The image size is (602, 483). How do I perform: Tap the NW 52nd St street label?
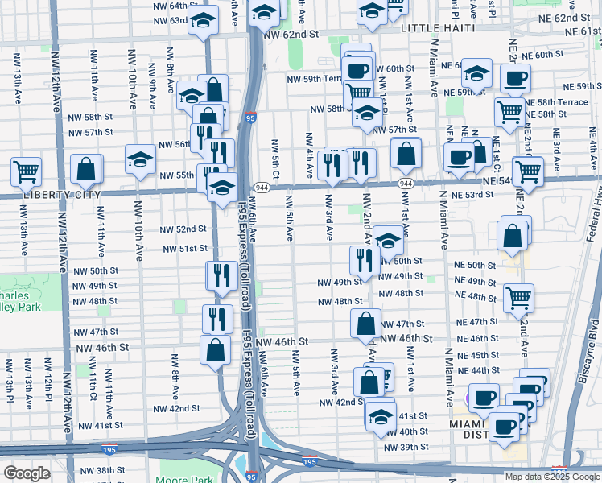pos(184,229)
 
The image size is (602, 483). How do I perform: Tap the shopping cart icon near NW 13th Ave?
pos(27,171)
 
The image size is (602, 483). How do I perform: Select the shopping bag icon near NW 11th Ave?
pos(86,168)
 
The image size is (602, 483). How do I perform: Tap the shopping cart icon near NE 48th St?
pos(518,297)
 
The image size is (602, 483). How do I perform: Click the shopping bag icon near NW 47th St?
pos(365,323)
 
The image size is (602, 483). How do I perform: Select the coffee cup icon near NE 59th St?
pos(515,77)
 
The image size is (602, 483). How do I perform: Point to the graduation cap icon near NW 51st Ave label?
pos(388,239)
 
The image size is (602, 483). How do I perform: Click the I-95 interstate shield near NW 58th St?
pos(251,118)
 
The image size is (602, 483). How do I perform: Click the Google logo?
pos(27,473)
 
